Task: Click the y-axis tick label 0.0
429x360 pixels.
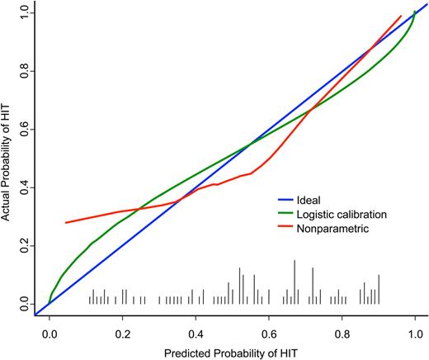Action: pos(24,306)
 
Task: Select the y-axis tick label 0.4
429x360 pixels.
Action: pos(24,188)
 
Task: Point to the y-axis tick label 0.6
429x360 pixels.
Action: pos(24,130)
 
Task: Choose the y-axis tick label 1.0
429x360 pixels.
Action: pos(24,13)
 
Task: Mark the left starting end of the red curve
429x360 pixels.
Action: pos(66,223)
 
